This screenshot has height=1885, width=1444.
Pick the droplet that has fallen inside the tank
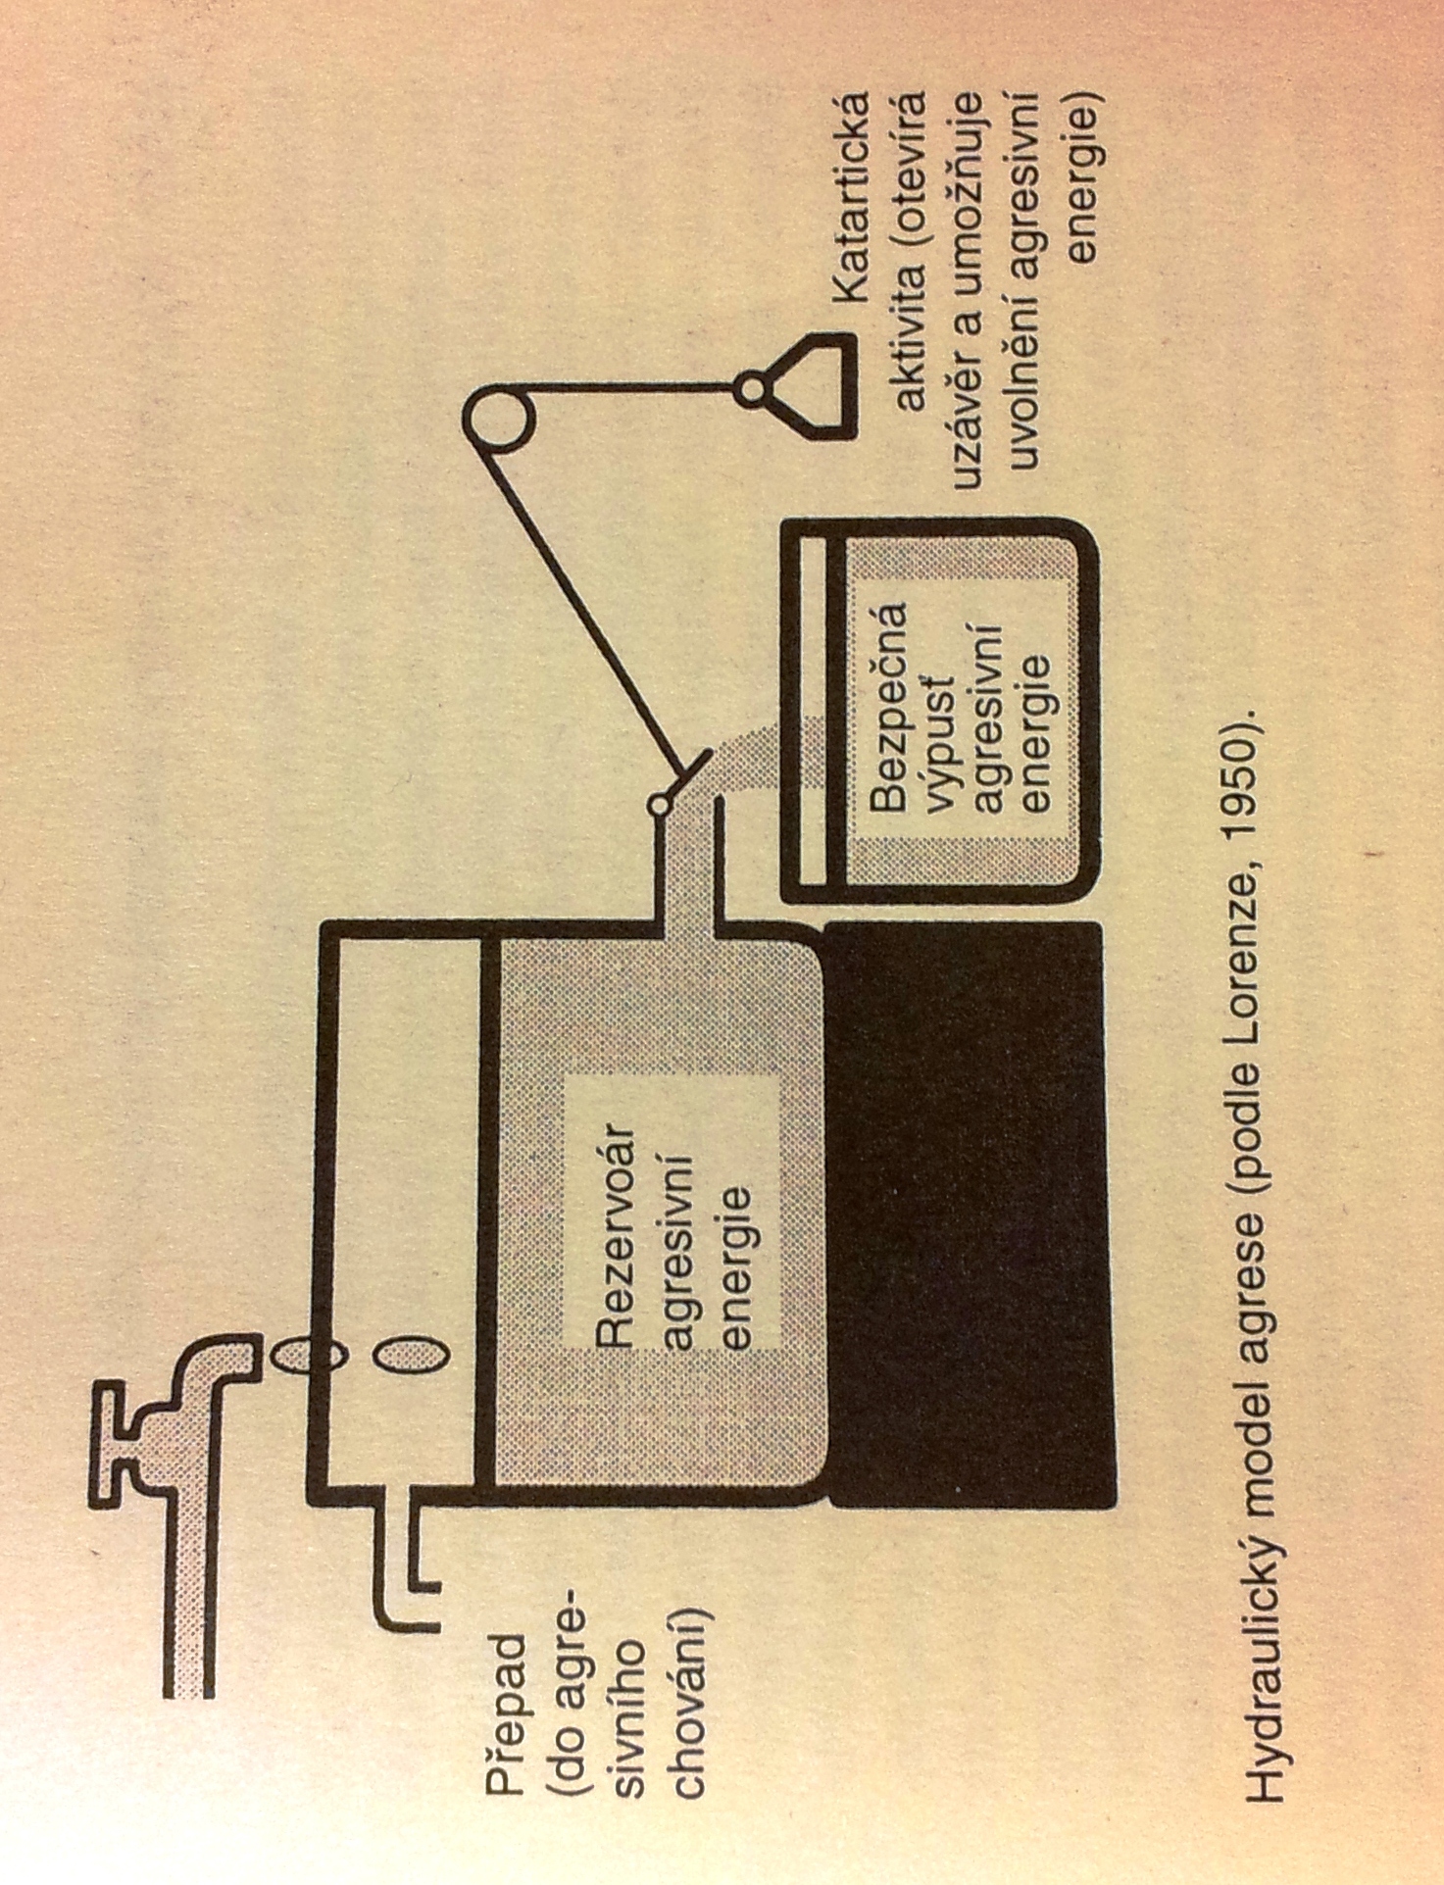point(413,1357)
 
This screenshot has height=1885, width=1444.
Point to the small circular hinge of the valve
point(660,805)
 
